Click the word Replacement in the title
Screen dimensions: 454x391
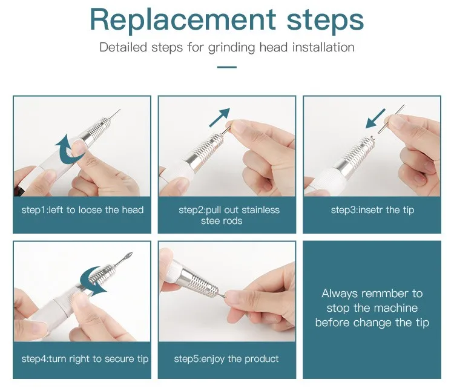pyautogui.click(x=183, y=20)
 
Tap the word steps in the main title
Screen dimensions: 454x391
pyautogui.click(x=325, y=20)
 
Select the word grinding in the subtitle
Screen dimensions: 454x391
pyautogui.click(x=231, y=48)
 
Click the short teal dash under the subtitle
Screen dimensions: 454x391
pyautogui.click(x=227, y=67)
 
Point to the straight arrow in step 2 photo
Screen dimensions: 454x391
pyautogui.click(x=220, y=117)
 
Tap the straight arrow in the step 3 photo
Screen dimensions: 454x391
pyautogui.click(x=375, y=119)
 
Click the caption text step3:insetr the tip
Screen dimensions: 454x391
pyautogui.click(x=372, y=210)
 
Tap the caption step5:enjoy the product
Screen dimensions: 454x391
pyautogui.click(x=226, y=359)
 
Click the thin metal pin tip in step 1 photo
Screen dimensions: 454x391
pyautogui.click(x=114, y=114)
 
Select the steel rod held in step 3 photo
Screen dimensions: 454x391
pyautogui.click(x=391, y=119)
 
